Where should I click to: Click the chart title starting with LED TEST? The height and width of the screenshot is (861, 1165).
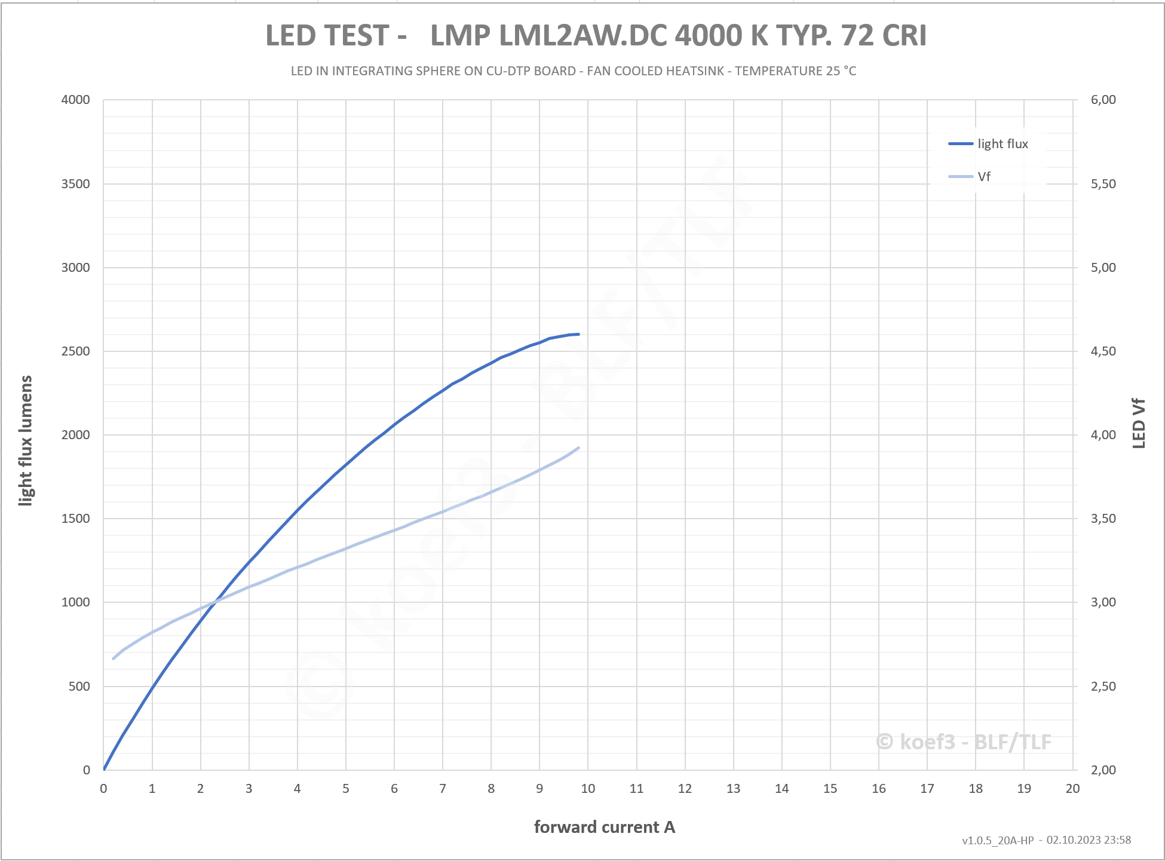coord(596,35)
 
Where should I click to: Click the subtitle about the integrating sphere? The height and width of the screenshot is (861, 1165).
coord(573,71)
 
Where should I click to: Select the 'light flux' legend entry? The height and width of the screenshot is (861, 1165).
coord(1002,144)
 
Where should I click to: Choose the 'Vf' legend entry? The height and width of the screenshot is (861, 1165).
coord(983,177)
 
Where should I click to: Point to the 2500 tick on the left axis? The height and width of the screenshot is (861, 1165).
coord(75,351)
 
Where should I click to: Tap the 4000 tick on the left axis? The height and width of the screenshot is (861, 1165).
coord(75,100)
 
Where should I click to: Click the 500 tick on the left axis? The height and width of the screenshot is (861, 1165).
coord(79,687)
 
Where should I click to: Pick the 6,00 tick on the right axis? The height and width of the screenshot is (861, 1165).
coord(1103,100)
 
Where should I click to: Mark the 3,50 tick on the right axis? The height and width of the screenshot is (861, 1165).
coord(1103,519)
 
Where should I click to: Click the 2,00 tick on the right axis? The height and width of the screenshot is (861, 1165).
coord(1103,770)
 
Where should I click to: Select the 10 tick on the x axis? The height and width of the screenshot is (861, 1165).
coord(588,789)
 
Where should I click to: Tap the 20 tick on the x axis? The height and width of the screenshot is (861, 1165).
coord(1072,789)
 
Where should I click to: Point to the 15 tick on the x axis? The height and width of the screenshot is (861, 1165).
coord(830,789)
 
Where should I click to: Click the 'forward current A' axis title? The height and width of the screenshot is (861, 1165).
coord(604,827)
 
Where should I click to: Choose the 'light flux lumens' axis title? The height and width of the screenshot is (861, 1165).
coord(25,440)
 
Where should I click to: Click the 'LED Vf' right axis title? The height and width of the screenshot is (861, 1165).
coord(1139,423)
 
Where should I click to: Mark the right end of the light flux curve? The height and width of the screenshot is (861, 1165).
coord(578,334)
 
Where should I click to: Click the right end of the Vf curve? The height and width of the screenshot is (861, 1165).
coord(578,448)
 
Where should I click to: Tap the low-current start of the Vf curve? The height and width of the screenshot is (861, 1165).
coord(114,658)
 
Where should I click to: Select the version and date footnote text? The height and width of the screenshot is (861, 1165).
coord(1046,840)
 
